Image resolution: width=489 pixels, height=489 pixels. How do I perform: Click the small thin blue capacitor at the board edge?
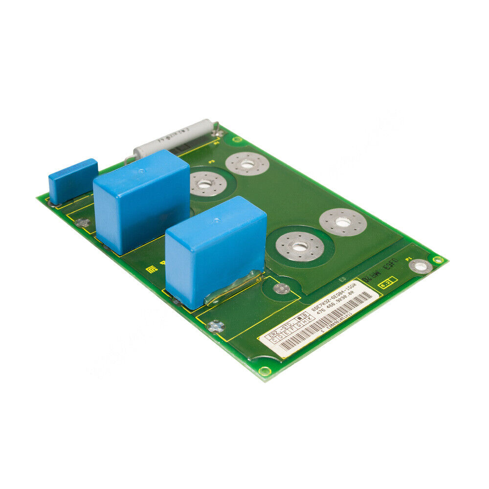coord(72,180)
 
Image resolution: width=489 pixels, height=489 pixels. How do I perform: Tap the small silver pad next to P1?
coord(420,267)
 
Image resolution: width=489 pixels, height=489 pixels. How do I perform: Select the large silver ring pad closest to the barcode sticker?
coord(299,246)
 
